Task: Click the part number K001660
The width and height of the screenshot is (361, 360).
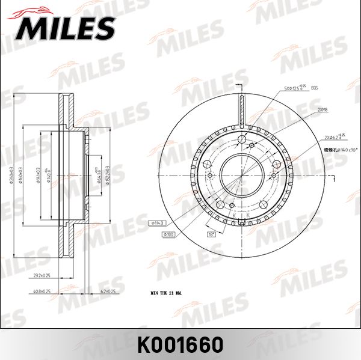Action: [x=180, y=344]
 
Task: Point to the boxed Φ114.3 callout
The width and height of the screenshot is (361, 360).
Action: [x=157, y=224]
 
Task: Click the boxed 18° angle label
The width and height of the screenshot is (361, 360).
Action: [x=212, y=234]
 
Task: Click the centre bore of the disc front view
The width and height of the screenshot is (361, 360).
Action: [x=241, y=174]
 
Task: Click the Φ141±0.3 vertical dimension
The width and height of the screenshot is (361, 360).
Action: [x=39, y=175]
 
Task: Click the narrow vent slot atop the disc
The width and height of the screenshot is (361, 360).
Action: [x=241, y=109]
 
